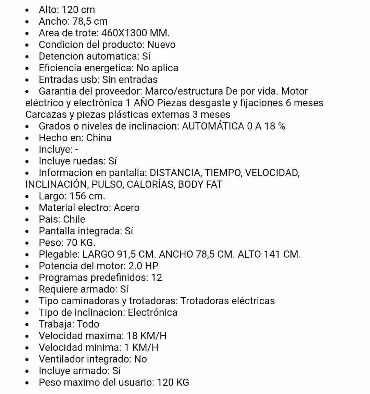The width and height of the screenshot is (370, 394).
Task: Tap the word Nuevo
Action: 161,45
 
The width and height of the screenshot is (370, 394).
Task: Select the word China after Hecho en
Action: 99,138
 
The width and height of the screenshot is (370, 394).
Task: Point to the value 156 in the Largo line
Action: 77,196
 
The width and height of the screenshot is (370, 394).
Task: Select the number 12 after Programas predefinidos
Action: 157,278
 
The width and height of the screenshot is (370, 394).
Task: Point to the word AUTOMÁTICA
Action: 213,126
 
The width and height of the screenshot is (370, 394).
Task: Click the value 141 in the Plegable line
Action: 272,254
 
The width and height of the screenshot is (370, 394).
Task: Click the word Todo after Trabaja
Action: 88,324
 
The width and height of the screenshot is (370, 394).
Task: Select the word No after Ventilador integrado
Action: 140,359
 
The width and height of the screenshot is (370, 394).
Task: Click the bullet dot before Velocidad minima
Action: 27,348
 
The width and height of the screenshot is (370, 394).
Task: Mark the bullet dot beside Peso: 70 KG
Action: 27,243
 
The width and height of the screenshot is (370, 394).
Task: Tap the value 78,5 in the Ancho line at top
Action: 82,21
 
